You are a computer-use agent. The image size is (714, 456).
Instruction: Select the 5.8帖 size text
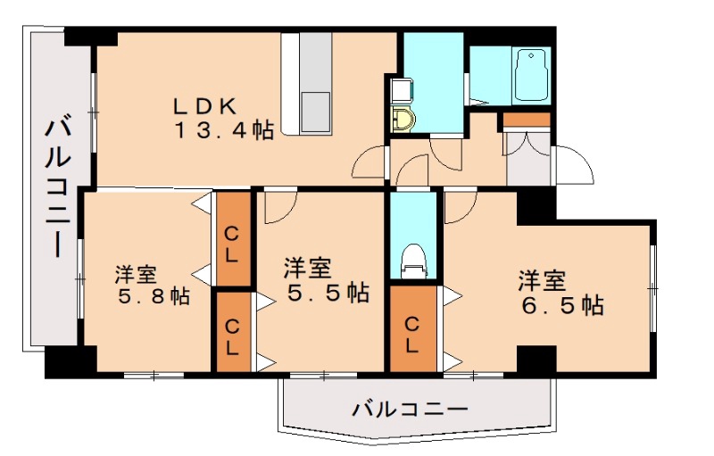click(154, 296)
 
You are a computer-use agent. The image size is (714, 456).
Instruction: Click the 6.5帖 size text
click(563, 305)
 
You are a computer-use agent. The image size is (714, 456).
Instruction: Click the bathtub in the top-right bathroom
click(533, 75)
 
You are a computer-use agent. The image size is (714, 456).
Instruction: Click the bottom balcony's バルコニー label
click(410, 410)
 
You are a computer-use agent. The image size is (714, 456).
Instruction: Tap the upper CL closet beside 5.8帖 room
click(232, 241)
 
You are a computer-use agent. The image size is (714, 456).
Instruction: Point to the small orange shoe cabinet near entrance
click(526, 120)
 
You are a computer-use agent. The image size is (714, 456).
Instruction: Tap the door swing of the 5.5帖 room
click(278, 208)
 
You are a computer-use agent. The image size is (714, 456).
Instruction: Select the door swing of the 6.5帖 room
click(459, 208)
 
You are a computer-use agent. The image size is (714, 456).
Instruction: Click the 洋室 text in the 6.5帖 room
click(543, 280)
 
